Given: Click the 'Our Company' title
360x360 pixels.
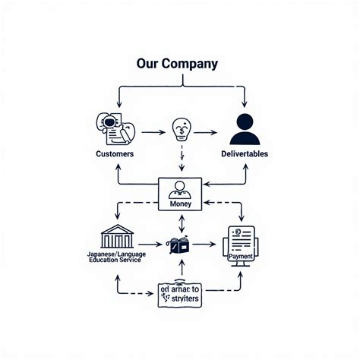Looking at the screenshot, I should (176, 64).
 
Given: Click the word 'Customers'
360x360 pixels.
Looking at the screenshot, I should (115, 154).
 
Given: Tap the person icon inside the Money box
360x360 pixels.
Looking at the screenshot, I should (180, 190).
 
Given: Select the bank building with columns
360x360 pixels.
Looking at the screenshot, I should (118, 235).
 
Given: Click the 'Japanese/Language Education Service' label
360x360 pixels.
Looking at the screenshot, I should (118, 256).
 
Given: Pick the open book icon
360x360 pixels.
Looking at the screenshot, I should (178, 245).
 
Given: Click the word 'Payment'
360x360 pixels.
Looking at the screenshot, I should (241, 256).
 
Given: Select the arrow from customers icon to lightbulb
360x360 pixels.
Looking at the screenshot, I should (153, 132).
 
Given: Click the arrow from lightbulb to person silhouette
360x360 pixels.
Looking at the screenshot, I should (207, 132).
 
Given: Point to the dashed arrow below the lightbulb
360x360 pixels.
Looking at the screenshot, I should (182, 159).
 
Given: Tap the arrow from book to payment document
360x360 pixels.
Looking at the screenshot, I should (203, 245).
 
